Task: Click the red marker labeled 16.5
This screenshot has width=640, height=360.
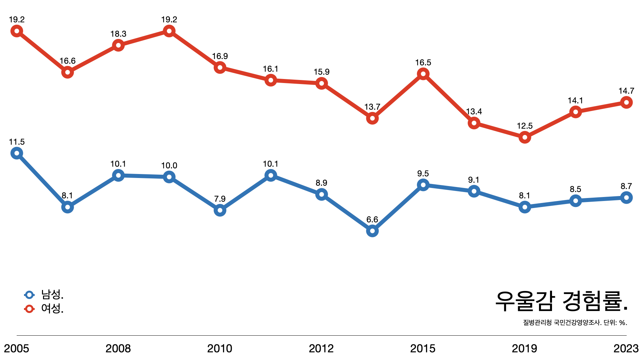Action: coord(423,74)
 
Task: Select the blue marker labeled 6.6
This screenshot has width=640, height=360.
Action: coord(372,231)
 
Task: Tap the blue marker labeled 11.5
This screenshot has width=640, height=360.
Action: coord(17,153)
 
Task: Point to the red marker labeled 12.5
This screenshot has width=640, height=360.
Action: coord(525,137)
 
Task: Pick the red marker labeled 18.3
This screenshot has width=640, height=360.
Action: coord(118,45)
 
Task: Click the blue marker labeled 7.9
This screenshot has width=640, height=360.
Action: coord(220,210)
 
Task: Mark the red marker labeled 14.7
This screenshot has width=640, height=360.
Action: coord(626,102)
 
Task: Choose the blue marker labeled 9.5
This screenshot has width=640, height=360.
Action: coord(423,185)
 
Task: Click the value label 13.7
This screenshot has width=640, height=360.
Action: coord(372,107)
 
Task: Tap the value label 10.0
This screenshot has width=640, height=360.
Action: coord(169,166)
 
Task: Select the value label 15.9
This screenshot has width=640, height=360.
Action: coord(321,72)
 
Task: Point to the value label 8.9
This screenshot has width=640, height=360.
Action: coord(321,183)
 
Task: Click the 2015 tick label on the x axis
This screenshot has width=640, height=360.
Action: coord(423,349)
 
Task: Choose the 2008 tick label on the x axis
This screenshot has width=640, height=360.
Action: coord(118,349)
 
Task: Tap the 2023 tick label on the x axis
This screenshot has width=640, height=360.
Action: coord(626,349)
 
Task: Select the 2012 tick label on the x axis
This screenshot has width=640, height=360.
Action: coord(321,349)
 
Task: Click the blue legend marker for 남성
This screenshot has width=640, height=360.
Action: coord(29,295)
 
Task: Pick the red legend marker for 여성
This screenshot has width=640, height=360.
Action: coord(29,309)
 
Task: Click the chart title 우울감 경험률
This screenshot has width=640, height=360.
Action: coord(561,301)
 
